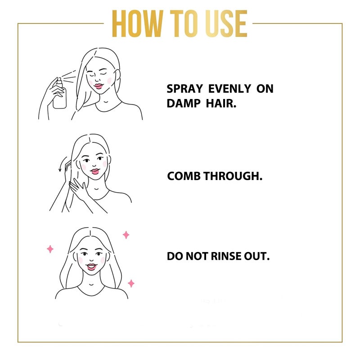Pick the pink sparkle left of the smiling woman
(x=50, y=249)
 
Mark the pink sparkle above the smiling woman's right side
(x=126, y=234)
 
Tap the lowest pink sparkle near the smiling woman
(x=131, y=283)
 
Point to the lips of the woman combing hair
(x=95, y=171)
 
